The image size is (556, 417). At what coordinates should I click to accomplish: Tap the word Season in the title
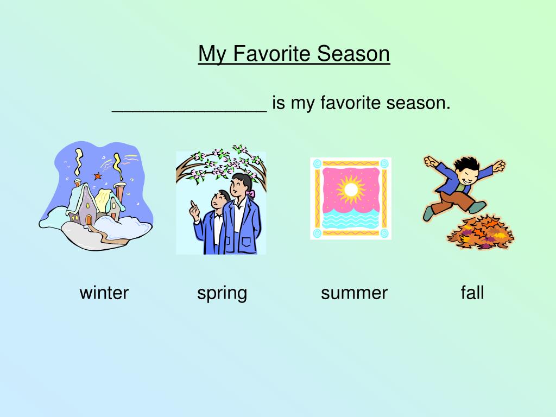click(x=353, y=54)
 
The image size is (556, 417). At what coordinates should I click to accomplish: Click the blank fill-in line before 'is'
click(x=189, y=111)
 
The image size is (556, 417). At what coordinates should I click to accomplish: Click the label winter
click(x=104, y=293)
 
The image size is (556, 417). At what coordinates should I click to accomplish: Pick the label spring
click(x=222, y=294)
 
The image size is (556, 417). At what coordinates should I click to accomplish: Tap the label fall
click(x=472, y=293)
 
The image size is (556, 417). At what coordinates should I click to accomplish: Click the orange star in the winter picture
click(x=98, y=175)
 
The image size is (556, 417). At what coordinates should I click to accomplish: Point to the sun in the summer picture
click(x=351, y=189)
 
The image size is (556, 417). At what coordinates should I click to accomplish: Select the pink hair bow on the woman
click(x=252, y=194)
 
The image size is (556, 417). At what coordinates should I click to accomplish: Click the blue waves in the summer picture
click(x=350, y=218)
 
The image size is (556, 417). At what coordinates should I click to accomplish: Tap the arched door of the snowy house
click(x=89, y=220)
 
